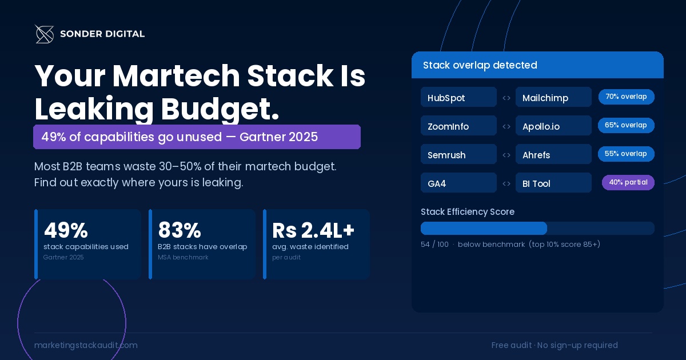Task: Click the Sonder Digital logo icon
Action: point(44,34)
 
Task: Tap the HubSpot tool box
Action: point(458,97)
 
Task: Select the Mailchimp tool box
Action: point(553,97)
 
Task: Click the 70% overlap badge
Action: point(626,97)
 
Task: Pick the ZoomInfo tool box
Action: point(458,126)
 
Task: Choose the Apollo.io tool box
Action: point(553,126)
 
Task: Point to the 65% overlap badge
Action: point(626,125)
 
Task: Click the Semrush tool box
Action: point(458,154)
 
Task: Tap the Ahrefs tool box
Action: point(553,154)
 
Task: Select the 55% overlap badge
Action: point(626,154)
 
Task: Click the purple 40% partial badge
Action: point(628,182)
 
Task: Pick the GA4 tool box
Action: point(458,183)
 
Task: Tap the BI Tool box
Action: point(553,183)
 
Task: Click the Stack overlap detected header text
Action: point(480,65)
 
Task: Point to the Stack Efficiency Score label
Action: point(467,212)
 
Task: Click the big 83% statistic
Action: point(180,230)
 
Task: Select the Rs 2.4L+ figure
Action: point(313,230)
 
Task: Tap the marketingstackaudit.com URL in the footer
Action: point(86,345)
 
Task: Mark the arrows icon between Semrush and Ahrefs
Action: point(506,155)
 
